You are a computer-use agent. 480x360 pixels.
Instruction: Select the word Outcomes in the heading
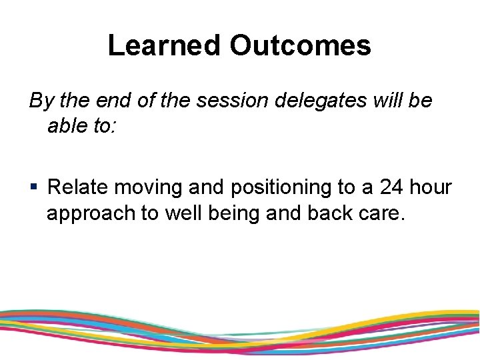click(x=300, y=45)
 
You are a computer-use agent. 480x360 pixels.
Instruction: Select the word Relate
click(x=78, y=187)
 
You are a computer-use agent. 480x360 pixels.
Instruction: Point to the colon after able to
click(x=114, y=127)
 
